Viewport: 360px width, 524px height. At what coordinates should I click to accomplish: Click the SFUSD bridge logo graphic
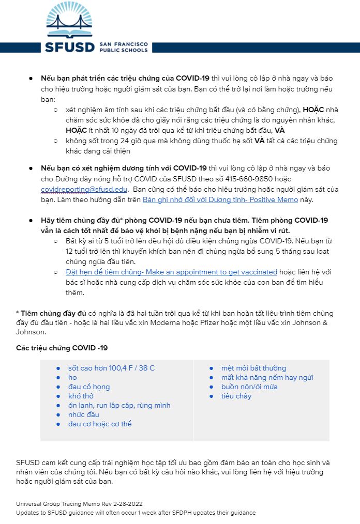click(70, 20)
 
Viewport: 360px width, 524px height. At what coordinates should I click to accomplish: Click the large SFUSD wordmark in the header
click(70, 47)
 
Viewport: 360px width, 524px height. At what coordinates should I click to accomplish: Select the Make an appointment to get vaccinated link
click(172, 272)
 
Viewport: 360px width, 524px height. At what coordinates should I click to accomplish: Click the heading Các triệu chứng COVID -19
click(62, 348)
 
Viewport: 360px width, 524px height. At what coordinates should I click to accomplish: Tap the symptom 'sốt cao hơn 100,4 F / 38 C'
click(111, 368)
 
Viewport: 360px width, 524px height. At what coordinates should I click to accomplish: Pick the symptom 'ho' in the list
click(72, 377)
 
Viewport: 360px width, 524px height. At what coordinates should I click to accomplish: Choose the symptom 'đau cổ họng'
click(89, 387)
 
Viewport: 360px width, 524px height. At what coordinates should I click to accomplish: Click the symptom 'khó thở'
click(81, 396)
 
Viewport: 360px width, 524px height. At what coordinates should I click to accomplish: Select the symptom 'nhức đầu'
click(84, 414)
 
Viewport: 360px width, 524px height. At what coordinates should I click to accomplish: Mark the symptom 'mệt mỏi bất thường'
click(253, 368)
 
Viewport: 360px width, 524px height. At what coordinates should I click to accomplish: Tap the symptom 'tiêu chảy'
click(236, 396)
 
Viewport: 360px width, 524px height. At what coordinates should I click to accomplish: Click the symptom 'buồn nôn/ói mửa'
click(249, 387)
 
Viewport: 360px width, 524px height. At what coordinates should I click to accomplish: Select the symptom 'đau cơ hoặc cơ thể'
click(100, 424)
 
